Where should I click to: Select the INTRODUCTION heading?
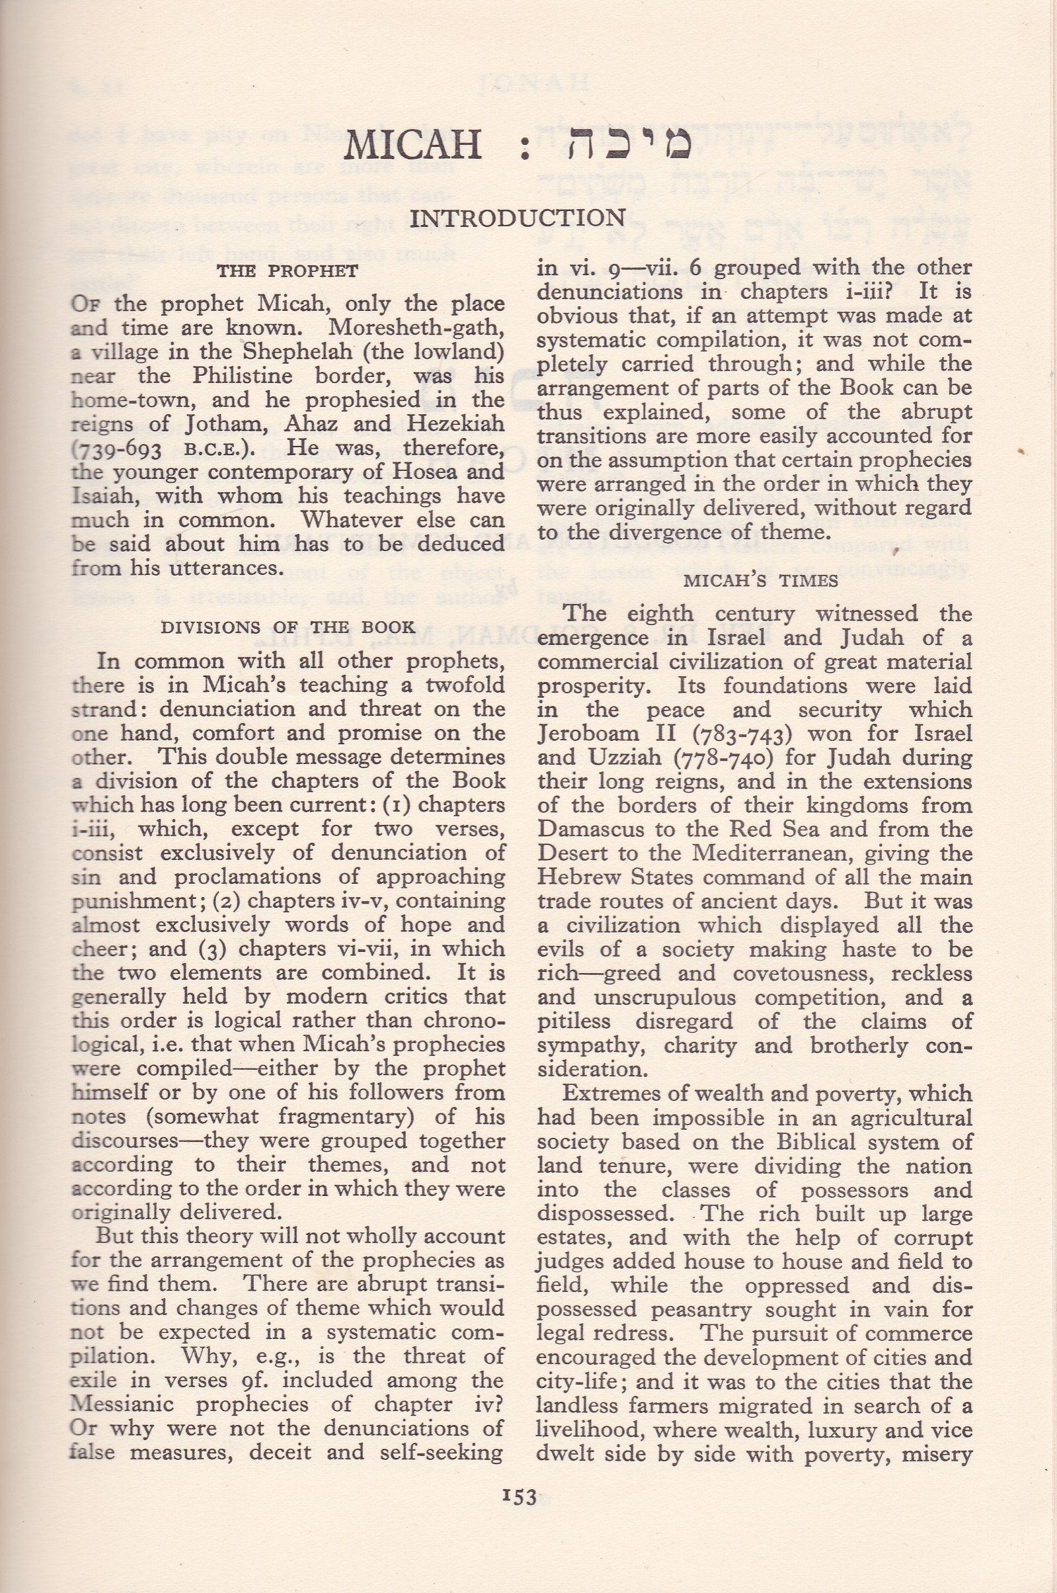point(517,218)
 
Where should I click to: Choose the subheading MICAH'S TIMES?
point(754,581)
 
